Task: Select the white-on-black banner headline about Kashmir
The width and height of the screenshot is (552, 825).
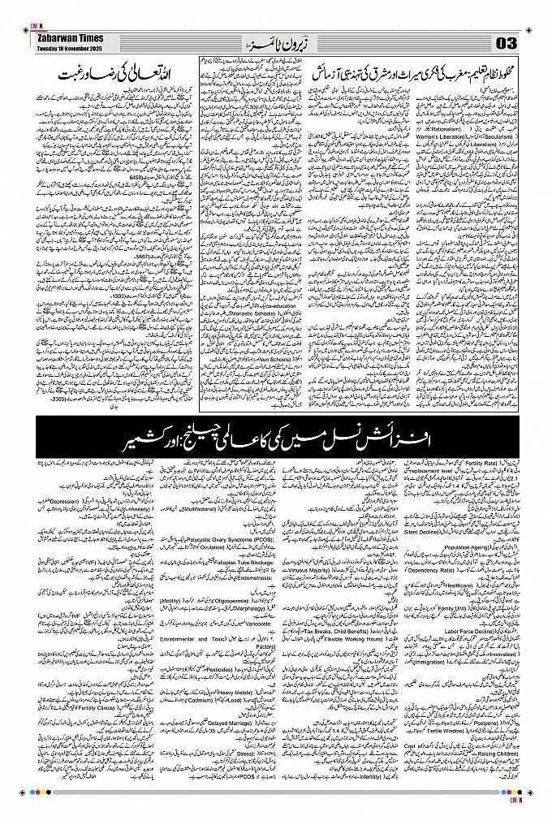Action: (276, 429)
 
